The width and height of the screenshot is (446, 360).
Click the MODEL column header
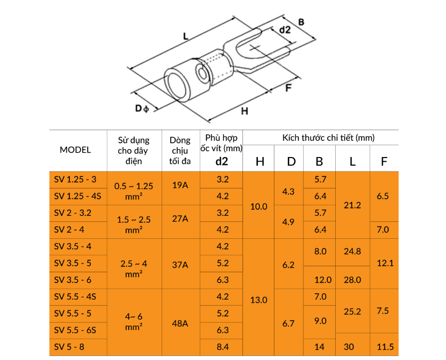pyautogui.click(x=75, y=150)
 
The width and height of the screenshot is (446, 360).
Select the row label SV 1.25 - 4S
pyautogui.click(x=77, y=196)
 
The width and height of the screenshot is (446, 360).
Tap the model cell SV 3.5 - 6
pyautogui.click(x=72, y=280)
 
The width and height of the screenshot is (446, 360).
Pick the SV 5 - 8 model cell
pyautogui.click(x=69, y=347)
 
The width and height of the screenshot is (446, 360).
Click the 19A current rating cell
pyautogui.click(x=180, y=185)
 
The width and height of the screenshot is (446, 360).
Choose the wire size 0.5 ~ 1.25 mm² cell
pyautogui.click(x=134, y=191)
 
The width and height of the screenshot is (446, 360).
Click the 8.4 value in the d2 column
pyautogui.click(x=223, y=347)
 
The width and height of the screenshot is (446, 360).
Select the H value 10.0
pyautogui.click(x=258, y=206)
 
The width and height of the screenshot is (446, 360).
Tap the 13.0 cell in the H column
pyautogui.click(x=258, y=300)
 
